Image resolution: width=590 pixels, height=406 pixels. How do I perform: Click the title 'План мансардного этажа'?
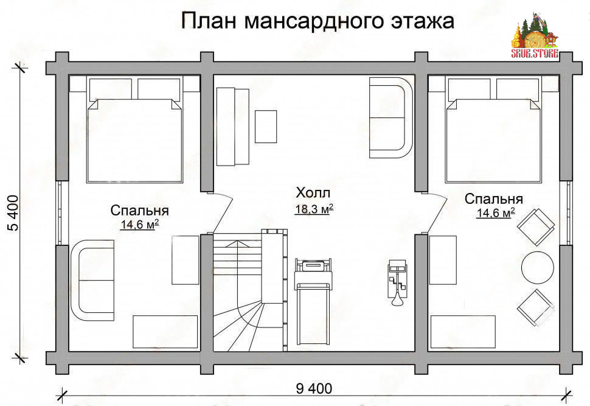point(318,21)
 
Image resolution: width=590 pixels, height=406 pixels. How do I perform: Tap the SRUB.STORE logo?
point(535,36)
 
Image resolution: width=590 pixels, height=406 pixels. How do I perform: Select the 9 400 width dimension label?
point(314,388)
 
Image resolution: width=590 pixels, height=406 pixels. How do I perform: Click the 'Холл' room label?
point(313,193)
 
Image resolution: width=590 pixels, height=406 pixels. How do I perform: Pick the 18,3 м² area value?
point(314,209)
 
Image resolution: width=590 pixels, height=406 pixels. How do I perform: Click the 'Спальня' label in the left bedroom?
point(140,211)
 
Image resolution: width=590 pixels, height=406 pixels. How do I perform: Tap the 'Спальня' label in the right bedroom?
point(494,199)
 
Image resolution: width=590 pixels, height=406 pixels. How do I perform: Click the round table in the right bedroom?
point(537,267)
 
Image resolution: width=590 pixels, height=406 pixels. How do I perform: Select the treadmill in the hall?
point(313,301)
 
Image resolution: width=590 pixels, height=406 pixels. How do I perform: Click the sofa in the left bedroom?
point(92,280)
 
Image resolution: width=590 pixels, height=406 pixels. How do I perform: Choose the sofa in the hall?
point(391,117)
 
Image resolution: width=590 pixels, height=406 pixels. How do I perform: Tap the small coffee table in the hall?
point(266,127)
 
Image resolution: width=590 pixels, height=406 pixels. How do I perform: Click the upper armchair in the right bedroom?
point(536,226)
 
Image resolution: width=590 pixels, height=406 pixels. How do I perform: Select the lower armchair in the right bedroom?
point(536,308)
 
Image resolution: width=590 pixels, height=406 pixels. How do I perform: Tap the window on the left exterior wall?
point(62,213)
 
